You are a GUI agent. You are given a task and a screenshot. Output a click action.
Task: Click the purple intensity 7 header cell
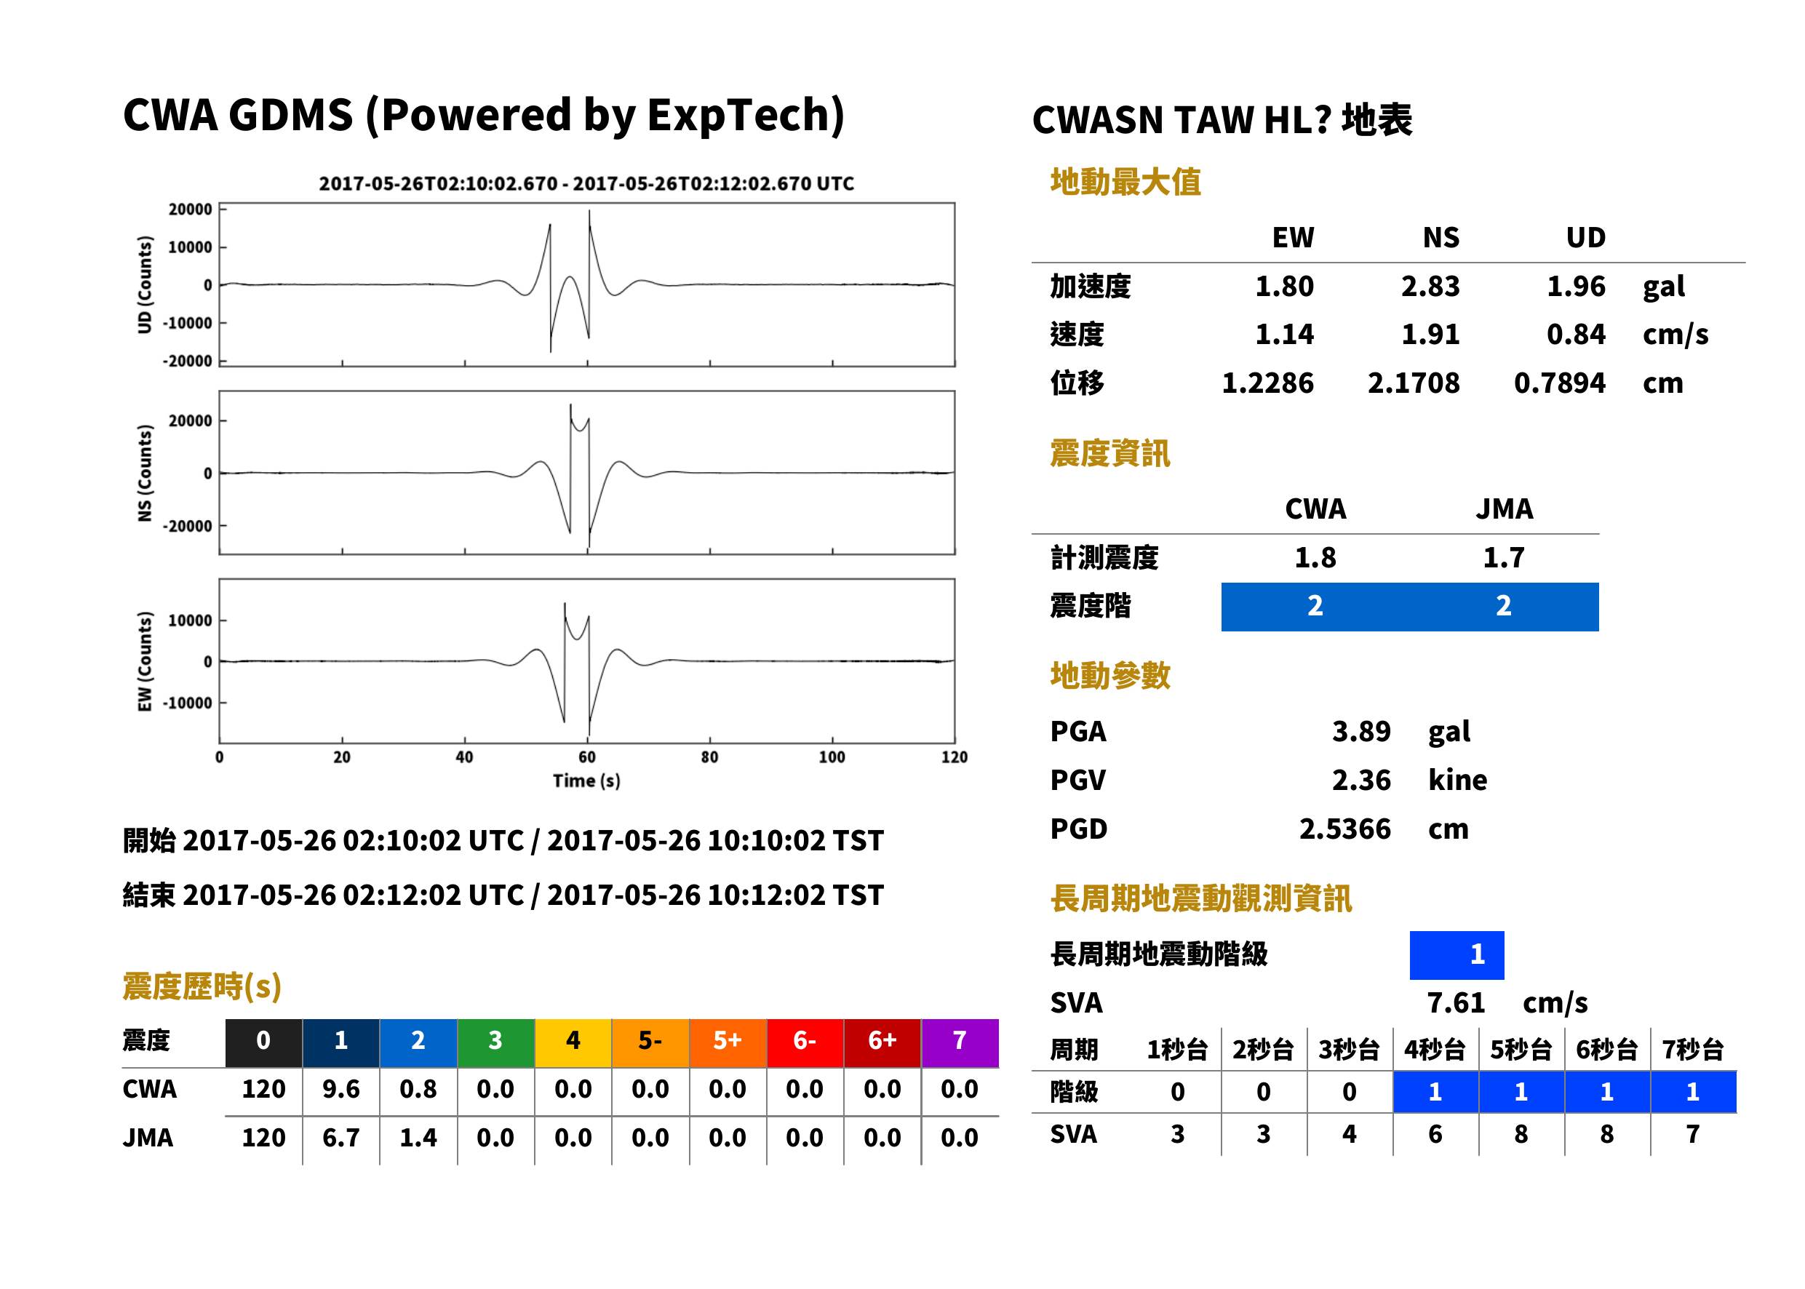960,1042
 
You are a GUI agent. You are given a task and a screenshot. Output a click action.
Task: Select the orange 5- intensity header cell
650,1042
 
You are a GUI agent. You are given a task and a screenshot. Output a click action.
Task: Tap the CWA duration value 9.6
340,1089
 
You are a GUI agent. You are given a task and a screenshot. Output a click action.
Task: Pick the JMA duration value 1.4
418,1138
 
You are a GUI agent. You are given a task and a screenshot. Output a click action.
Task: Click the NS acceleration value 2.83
1430,286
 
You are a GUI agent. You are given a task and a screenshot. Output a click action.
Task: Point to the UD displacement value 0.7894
1559,383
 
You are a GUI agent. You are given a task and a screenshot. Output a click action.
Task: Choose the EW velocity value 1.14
1284,334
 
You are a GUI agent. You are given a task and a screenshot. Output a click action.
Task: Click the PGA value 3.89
1361,731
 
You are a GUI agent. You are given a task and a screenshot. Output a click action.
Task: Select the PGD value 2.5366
1344,829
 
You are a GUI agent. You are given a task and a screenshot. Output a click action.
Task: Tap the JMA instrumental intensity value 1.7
1503,558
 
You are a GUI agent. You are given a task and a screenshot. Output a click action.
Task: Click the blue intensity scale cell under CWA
1315,607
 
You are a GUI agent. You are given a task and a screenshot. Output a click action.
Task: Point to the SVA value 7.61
1456,1003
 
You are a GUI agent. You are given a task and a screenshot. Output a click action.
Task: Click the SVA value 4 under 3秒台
1350,1134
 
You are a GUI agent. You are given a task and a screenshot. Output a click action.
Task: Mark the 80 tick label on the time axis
709,757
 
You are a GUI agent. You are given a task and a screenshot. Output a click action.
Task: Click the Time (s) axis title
586,781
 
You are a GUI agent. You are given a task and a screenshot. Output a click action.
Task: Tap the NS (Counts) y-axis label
145,473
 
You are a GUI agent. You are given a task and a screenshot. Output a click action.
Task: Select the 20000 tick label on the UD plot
190,209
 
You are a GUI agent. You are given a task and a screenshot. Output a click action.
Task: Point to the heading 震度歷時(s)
202,986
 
